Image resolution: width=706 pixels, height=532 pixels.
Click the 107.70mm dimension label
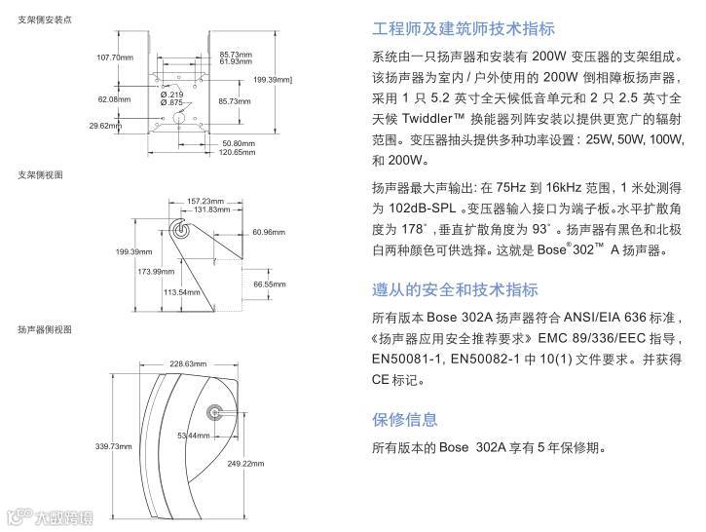(114, 57)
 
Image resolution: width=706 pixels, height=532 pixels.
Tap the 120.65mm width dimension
(236, 152)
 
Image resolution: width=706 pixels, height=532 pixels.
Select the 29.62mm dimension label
(104, 126)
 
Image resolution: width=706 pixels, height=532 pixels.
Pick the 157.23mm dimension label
(204, 201)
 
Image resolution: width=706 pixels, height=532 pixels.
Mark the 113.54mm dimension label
(181, 291)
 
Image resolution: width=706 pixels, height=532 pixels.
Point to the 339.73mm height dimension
(113, 446)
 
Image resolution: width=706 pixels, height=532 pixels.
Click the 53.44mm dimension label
(193, 435)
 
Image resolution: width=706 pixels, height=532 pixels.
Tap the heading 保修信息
(404, 420)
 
